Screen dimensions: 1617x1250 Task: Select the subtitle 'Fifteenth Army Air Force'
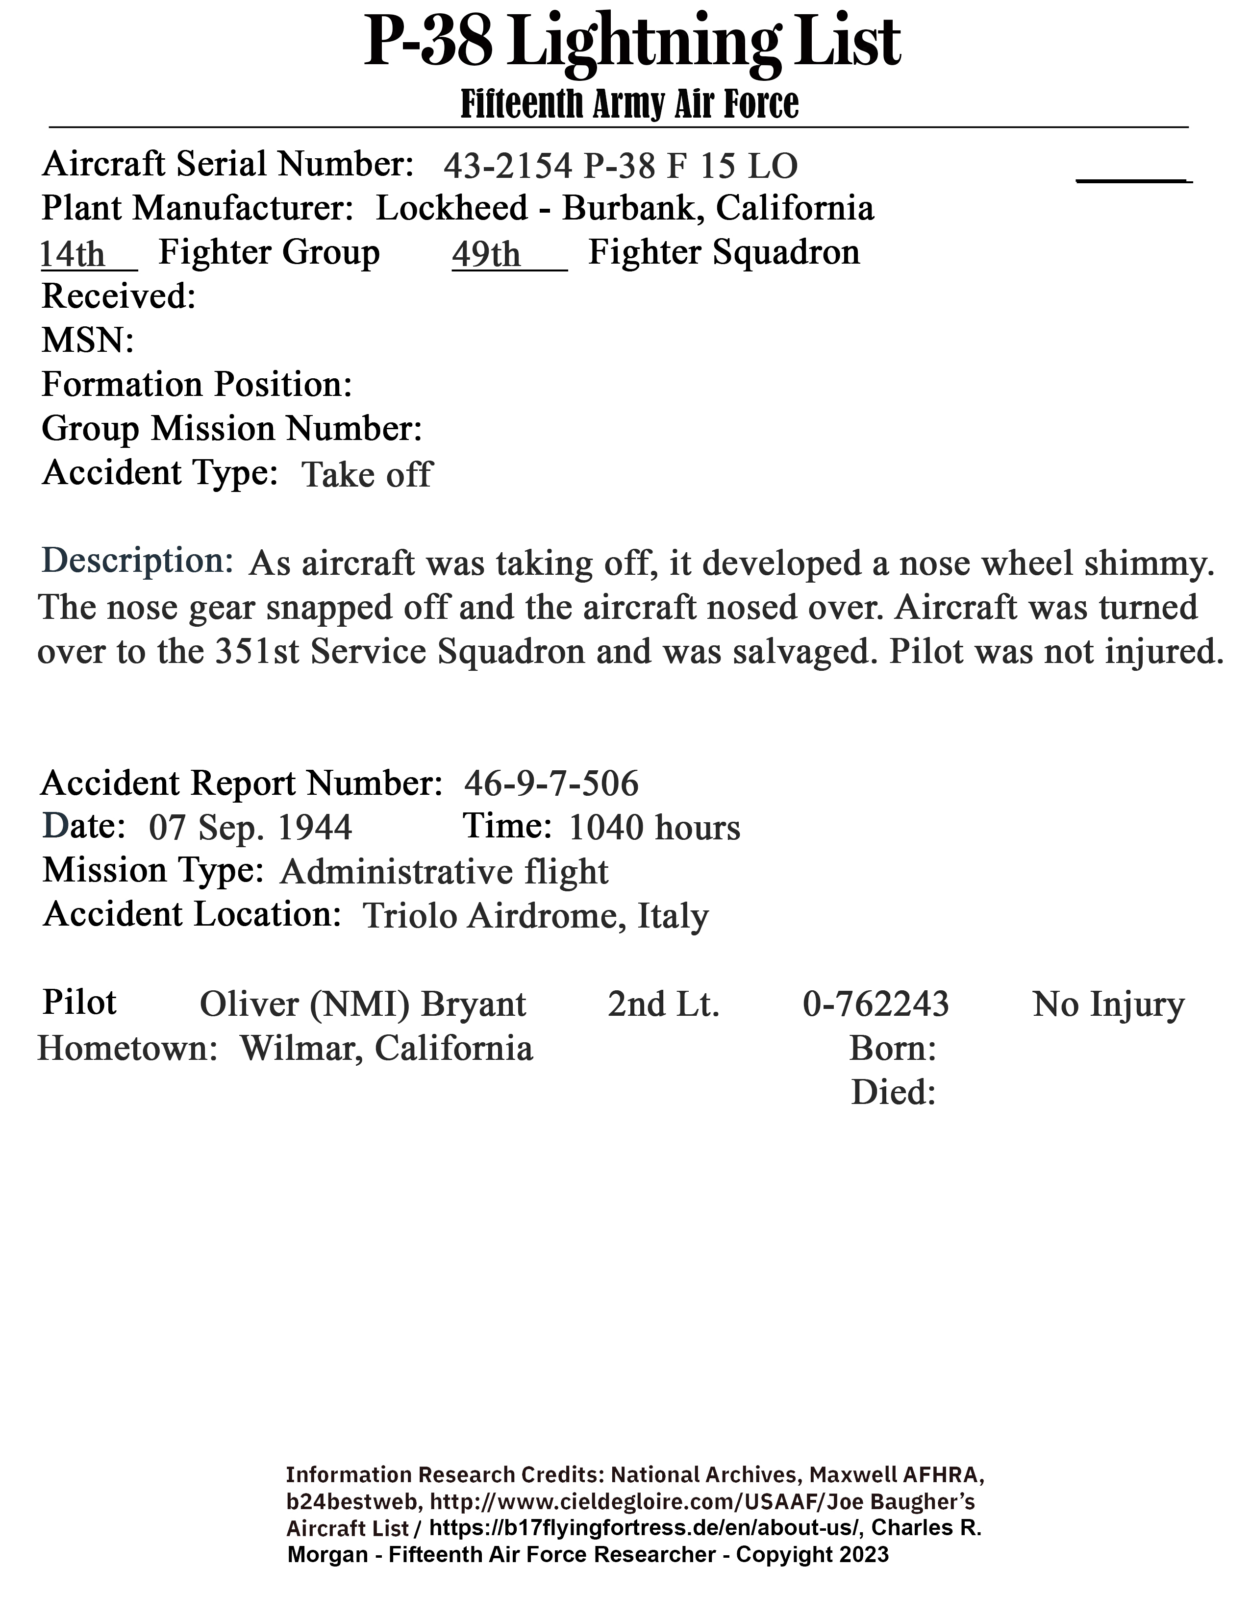[x=629, y=104]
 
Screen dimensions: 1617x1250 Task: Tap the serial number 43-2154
[x=507, y=166]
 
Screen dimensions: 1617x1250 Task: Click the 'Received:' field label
[x=119, y=297]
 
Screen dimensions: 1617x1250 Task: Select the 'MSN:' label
[x=87, y=341]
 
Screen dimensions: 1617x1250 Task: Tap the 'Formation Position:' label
[x=196, y=384]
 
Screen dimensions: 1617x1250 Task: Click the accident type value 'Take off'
[x=367, y=475]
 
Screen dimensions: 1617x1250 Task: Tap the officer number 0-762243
[x=875, y=1004]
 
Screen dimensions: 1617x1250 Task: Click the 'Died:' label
[x=893, y=1093]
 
